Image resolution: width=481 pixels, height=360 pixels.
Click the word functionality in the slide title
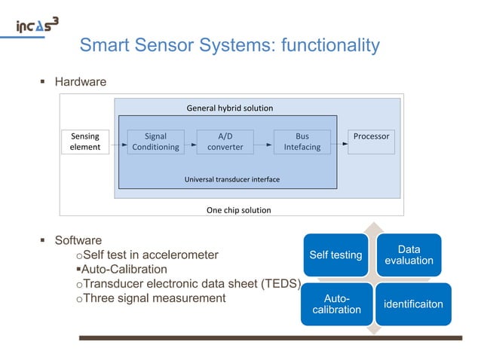(x=329, y=46)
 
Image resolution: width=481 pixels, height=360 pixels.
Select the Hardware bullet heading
(x=81, y=81)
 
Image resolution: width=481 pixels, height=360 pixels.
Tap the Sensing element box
(x=85, y=142)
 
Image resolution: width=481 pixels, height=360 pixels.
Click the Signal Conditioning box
(x=155, y=142)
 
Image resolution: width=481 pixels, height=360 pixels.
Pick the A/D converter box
(x=225, y=142)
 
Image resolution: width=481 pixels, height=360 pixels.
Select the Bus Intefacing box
(x=302, y=142)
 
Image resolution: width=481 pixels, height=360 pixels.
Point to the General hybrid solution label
(x=229, y=108)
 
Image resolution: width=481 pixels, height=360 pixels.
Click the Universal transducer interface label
(x=231, y=180)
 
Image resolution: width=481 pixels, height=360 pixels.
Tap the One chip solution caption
(x=238, y=210)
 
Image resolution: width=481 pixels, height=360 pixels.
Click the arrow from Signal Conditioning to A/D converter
(x=190, y=142)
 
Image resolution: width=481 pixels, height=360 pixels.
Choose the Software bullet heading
(x=79, y=241)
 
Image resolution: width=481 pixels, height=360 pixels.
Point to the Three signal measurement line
(x=153, y=298)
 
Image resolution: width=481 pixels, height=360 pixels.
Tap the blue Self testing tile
(x=336, y=255)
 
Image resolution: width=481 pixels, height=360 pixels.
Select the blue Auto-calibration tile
(x=336, y=304)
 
